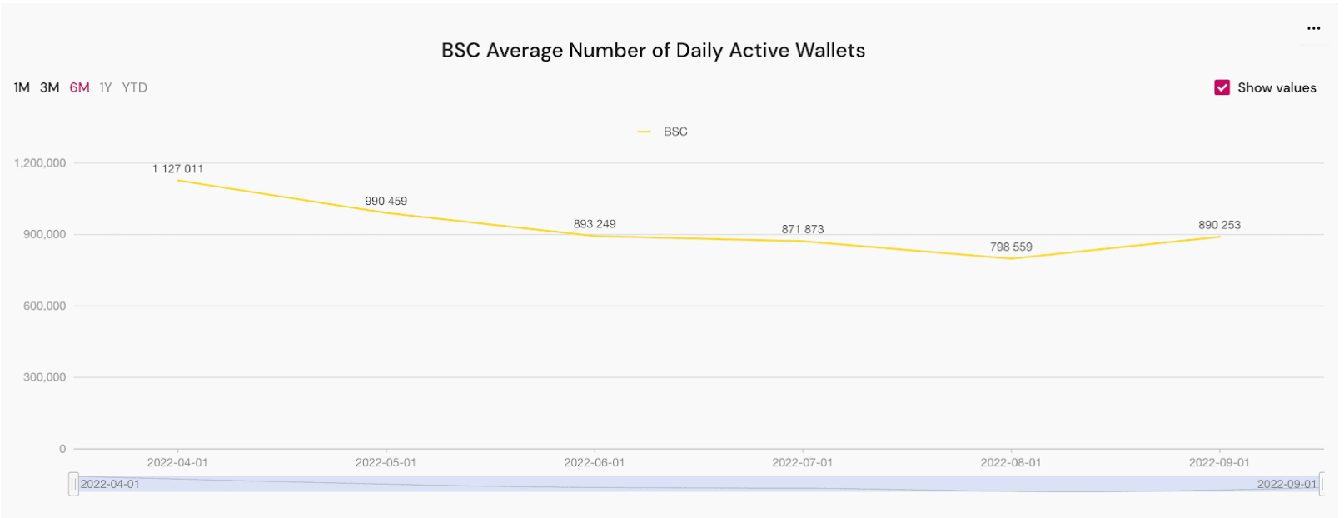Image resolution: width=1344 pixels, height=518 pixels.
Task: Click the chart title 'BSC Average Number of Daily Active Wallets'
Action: click(653, 51)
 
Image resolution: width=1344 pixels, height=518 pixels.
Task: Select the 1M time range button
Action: click(22, 87)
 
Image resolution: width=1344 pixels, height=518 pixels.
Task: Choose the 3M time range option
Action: click(50, 87)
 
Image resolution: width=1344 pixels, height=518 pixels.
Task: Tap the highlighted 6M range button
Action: click(79, 87)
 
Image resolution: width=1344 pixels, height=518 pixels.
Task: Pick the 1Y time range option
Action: click(106, 87)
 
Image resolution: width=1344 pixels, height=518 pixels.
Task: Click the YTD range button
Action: click(134, 87)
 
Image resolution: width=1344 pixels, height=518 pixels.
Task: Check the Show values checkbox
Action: click(1222, 87)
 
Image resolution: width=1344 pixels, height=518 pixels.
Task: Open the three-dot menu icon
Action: click(1313, 28)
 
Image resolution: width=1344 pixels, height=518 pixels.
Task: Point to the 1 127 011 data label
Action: click(177, 169)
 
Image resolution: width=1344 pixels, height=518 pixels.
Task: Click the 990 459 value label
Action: click(386, 201)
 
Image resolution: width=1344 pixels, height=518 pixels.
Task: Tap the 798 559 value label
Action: click(1011, 247)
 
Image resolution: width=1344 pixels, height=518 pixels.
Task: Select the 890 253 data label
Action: click(1219, 225)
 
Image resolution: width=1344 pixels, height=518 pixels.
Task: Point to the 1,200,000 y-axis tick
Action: click(40, 163)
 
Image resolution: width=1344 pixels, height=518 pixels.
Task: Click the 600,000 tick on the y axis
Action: click(44, 306)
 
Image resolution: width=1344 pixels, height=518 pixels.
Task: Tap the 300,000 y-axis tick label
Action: click(44, 377)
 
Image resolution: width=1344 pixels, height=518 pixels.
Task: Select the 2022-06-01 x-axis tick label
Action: click(594, 463)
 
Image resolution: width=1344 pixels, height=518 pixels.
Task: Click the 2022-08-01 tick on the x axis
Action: click(1011, 463)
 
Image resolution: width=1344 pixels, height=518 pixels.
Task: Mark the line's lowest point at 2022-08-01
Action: click(1011, 259)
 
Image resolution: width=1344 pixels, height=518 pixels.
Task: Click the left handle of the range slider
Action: click(73, 484)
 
